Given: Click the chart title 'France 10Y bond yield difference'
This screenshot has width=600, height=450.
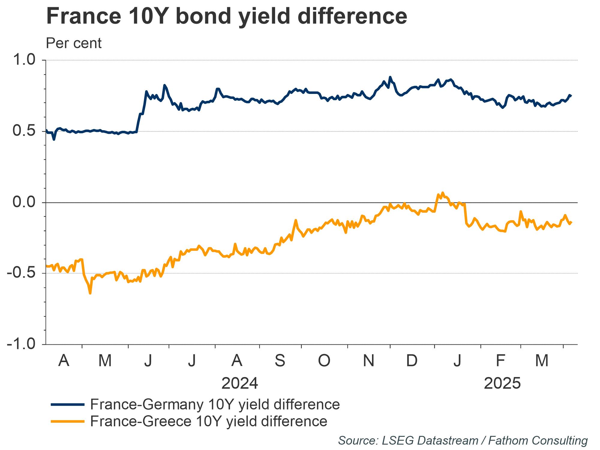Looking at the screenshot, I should coord(226,16).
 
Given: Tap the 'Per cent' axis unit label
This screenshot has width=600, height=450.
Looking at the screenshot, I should coord(74,43).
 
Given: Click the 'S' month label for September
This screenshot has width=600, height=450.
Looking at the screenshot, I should coord(280,360).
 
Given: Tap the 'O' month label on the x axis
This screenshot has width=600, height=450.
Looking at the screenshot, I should coord(324,360).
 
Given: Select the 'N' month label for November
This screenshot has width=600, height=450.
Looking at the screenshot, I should coord(368,360).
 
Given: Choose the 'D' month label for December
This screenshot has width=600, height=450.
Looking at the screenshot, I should coord(412,360).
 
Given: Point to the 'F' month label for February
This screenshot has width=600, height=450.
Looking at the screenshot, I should coord(500,360).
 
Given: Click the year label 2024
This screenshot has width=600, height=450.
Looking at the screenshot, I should coord(240,383).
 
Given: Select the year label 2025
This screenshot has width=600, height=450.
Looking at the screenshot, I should coord(502,383).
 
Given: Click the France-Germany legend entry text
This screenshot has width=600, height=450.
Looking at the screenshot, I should coord(215,404).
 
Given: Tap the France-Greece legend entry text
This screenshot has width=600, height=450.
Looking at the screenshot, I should coord(208,421).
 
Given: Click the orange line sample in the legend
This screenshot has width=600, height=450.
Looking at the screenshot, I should coord(67,421).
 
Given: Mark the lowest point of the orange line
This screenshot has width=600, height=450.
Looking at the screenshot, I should coord(90,293).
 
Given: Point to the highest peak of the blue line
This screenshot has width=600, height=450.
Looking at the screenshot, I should coord(390,77).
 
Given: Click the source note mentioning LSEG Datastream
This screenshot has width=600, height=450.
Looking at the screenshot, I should coord(463,441).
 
